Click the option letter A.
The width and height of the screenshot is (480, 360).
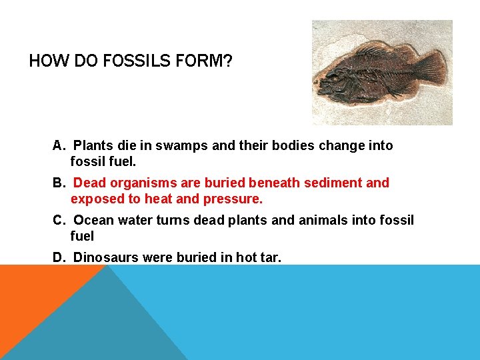[x=58, y=145]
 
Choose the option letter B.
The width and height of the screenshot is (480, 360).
[x=58, y=183]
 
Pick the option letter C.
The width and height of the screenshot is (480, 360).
[x=58, y=220]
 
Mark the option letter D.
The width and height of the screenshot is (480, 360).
[x=58, y=257]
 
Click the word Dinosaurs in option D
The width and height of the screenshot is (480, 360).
[x=105, y=257]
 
